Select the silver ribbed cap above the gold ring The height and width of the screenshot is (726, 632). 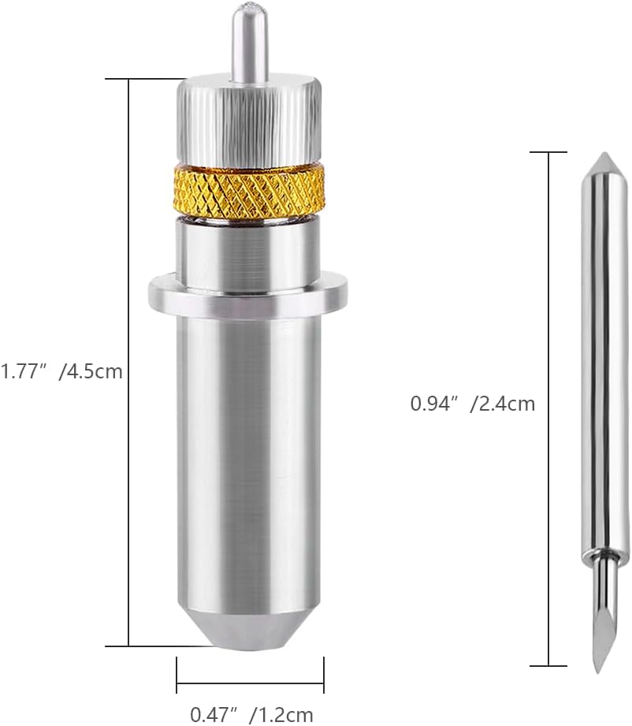coord(249,121)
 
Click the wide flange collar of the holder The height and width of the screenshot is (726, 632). coord(247,293)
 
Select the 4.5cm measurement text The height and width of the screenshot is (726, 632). coord(91,371)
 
